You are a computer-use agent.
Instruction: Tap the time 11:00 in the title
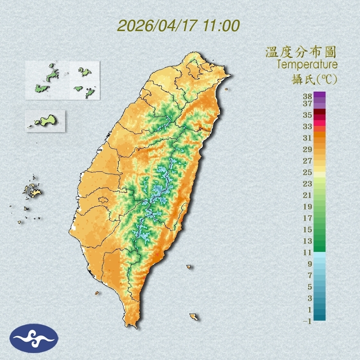point(220,26)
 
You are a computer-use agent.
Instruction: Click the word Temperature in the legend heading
point(307,65)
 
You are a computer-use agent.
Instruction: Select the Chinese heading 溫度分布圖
point(301,52)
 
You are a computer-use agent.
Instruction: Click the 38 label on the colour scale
point(308,97)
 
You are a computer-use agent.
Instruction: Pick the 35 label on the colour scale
point(308,115)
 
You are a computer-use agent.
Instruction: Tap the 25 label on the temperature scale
point(308,172)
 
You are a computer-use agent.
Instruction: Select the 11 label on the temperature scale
point(308,252)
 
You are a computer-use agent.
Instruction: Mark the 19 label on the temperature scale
point(308,206)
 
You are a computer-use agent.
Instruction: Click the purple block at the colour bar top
point(319,95)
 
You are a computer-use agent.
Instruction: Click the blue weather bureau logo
point(34,338)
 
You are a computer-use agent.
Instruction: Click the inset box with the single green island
point(45,121)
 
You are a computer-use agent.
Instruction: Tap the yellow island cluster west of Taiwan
point(32,190)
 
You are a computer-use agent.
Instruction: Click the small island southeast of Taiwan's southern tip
point(193,317)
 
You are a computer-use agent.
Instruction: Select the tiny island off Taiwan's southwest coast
point(97,293)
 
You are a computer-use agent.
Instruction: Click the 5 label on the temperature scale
point(310,287)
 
